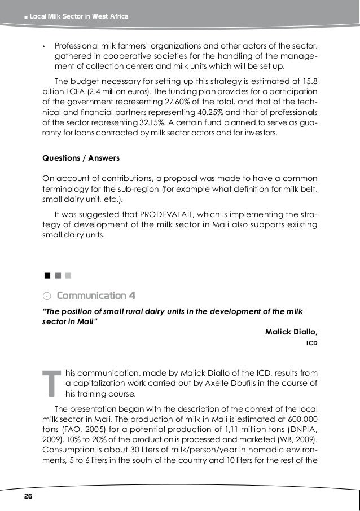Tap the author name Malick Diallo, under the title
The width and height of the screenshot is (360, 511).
(x=291, y=331)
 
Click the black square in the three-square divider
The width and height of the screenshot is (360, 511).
(x=47, y=276)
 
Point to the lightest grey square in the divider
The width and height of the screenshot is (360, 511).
(x=68, y=276)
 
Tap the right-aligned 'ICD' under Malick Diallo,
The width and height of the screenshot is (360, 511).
(x=311, y=342)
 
